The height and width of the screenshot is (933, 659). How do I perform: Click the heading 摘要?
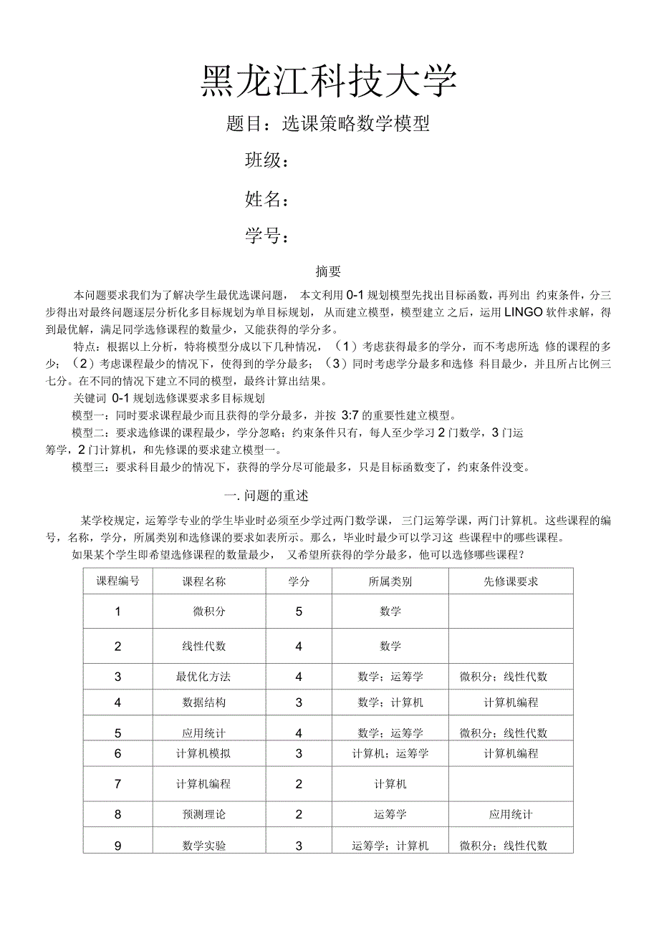(328, 272)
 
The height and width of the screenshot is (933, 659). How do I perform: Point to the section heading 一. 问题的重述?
(266, 495)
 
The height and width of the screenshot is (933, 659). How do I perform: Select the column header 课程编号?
(118, 581)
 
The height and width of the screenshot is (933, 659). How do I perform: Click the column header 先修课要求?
(511, 581)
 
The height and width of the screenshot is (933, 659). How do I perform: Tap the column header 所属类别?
(390, 581)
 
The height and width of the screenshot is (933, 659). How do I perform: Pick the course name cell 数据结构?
(204, 702)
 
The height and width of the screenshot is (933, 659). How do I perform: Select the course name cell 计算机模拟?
(203, 753)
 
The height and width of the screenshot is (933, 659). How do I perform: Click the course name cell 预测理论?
(204, 814)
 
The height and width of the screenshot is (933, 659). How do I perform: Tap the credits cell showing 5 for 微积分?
(299, 611)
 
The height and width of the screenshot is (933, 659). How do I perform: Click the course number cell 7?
(118, 783)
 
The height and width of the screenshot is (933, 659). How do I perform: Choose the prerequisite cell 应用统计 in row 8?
(511, 814)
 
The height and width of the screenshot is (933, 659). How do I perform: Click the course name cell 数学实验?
(204, 846)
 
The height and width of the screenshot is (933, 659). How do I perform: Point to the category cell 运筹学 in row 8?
(390, 814)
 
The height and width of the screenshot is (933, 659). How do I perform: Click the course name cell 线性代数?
(204, 646)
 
